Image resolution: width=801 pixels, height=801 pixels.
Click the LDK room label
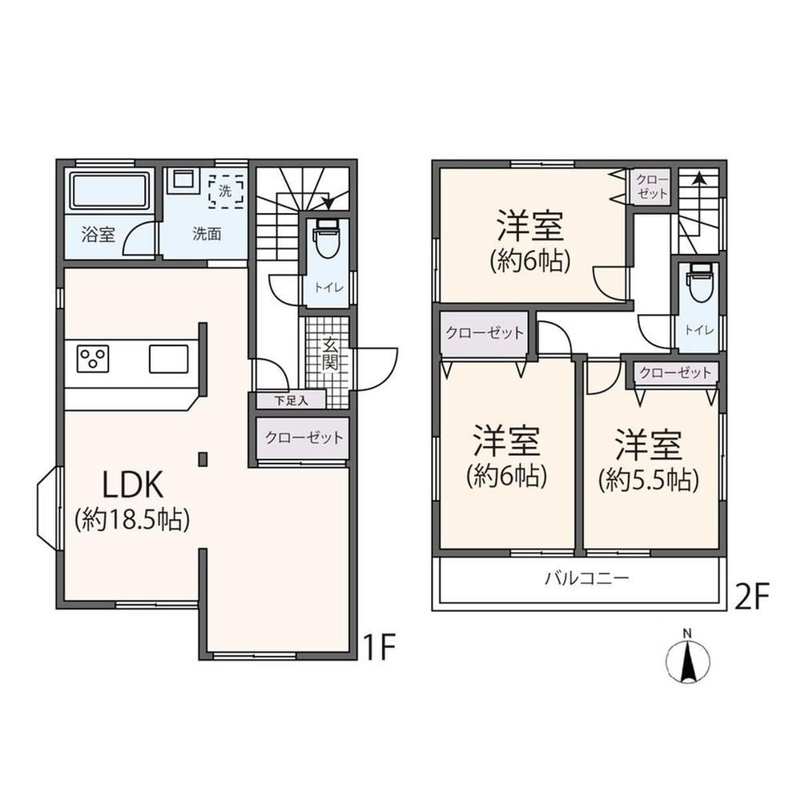(133, 485)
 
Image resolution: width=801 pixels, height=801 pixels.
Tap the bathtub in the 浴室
(109, 191)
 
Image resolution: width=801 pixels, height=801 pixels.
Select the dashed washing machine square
(225, 191)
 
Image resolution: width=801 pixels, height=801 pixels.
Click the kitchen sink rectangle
(168, 359)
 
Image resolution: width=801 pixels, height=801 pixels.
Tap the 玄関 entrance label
(331, 354)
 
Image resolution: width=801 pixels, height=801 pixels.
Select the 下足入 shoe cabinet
(291, 400)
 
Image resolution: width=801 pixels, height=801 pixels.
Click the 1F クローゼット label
(304, 437)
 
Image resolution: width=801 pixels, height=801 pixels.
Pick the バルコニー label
(586, 579)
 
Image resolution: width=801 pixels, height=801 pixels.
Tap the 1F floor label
(379, 648)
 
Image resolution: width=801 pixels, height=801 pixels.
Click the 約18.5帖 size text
(132, 520)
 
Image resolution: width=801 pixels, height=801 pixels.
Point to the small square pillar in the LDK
(203, 459)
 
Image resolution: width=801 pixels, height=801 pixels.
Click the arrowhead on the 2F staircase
(698, 178)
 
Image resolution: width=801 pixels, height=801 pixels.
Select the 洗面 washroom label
(207, 234)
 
